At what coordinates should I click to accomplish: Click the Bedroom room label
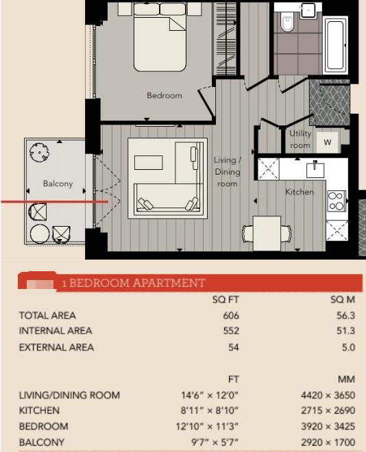[x=164, y=95]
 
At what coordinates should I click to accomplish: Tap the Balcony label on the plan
[x=58, y=184]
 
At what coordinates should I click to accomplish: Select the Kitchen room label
[x=300, y=192]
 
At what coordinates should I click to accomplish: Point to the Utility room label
[x=300, y=140]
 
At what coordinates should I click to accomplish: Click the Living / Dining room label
[x=227, y=172]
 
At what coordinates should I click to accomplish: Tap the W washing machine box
[x=328, y=142]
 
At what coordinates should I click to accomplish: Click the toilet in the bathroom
[x=287, y=25]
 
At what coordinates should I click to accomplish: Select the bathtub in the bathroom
[x=335, y=45]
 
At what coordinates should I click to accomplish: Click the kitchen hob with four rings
[x=336, y=201]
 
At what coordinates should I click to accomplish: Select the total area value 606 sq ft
[x=231, y=316]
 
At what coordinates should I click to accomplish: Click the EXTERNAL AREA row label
[x=56, y=347]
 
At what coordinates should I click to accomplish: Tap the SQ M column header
[x=343, y=300]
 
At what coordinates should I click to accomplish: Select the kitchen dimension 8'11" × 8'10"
[x=219, y=411]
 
